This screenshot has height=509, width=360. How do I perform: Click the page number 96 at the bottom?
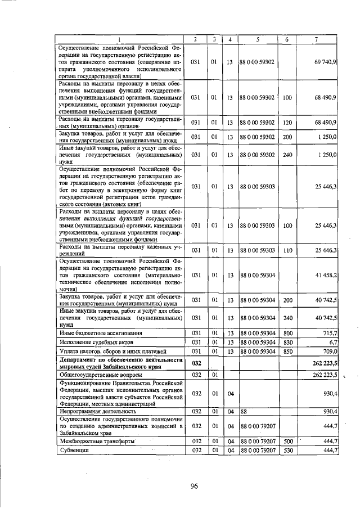(x=195, y=486)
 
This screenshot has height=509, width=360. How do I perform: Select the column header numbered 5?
(x=257, y=39)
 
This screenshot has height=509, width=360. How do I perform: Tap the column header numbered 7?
(x=318, y=39)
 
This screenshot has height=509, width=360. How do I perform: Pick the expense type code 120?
(x=287, y=122)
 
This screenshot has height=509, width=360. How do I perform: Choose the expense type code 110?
(x=287, y=250)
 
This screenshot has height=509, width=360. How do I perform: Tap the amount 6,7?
(x=332, y=342)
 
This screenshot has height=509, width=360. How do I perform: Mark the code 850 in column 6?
(x=287, y=351)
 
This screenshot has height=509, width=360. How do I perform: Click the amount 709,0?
(x=329, y=351)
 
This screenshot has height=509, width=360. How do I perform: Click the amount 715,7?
(x=329, y=334)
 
